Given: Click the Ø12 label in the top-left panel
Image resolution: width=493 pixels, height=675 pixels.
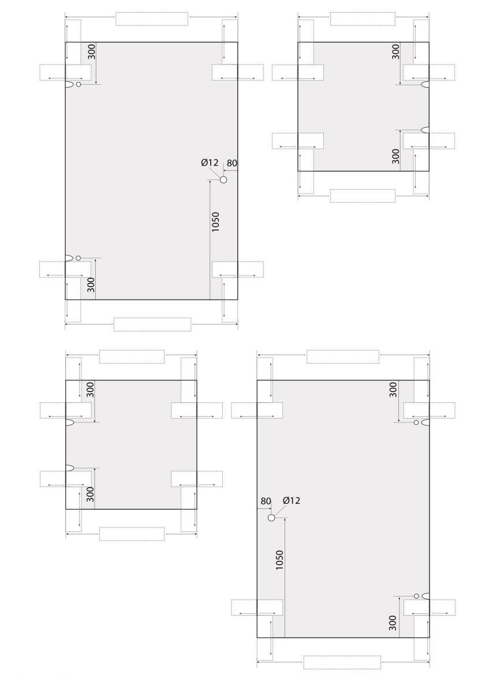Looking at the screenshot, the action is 210,163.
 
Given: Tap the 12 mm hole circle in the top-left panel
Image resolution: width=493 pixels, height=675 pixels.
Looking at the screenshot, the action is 223,179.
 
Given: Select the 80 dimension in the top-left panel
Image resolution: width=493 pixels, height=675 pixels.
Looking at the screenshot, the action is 232,163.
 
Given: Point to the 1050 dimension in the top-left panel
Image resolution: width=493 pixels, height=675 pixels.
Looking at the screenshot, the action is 215,222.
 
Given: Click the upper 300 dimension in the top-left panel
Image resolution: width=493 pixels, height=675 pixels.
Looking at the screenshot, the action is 91,52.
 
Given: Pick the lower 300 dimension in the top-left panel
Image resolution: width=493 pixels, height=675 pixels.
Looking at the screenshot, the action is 91,285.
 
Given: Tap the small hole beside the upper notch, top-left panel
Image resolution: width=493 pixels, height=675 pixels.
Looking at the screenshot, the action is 79,84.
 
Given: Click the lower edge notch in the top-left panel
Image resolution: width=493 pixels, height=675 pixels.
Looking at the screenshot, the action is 69,258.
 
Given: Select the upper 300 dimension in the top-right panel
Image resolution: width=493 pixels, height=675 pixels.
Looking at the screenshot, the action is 395,52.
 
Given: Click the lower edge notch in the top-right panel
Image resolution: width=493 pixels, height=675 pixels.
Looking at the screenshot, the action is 425,130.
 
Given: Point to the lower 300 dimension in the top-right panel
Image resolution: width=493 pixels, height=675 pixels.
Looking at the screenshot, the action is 395,156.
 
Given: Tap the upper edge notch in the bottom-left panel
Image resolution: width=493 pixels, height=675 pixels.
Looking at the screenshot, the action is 69,422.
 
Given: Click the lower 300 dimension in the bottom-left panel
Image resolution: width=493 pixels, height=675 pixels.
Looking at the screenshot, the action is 90,494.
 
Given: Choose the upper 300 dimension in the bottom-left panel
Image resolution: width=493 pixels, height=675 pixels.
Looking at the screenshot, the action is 90,390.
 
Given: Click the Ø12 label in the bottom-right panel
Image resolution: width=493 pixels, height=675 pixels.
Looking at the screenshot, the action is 292,500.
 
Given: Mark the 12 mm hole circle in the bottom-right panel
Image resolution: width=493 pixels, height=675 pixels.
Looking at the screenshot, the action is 271,518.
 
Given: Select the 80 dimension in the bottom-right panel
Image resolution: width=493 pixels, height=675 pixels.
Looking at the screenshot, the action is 266,501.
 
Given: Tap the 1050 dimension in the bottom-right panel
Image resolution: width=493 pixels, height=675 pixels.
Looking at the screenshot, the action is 279,560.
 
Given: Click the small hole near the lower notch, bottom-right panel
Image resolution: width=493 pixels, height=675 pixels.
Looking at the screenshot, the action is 416,596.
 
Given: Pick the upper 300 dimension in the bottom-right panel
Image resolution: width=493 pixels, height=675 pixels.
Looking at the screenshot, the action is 393,390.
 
